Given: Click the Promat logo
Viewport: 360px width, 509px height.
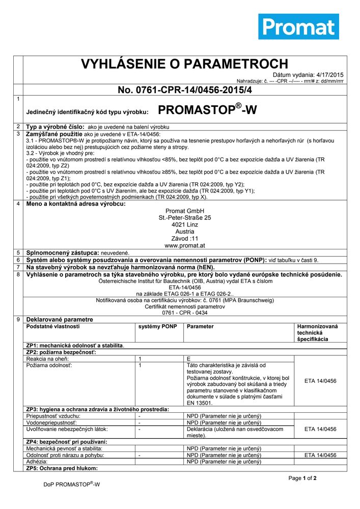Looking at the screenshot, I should pyautogui.click(x=298, y=26).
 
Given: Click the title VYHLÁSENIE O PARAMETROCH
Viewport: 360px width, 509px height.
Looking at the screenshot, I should pyautogui.click(x=185, y=64).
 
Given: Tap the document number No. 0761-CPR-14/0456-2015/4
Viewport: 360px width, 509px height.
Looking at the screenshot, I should pyautogui.click(x=185, y=90).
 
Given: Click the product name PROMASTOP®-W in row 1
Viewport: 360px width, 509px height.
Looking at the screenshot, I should pyautogui.click(x=207, y=110).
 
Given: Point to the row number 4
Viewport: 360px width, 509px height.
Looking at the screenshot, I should pyautogui.click(x=18, y=204).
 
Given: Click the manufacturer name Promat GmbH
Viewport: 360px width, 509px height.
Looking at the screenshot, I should pyautogui.click(x=185, y=211).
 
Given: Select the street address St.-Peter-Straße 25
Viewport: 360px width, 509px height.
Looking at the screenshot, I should pyautogui.click(x=185, y=218).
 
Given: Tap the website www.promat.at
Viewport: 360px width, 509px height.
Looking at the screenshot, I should pyautogui.click(x=185, y=245).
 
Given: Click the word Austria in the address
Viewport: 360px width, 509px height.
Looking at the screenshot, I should pyautogui.click(x=185, y=232).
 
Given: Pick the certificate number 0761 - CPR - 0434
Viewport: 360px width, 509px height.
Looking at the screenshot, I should pyautogui.click(x=185, y=313).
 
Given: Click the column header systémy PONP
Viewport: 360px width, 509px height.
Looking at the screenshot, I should pyautogui.click(x=157, y=326).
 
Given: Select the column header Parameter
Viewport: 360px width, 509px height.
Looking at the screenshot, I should pyautogui.click(x=200, y=326).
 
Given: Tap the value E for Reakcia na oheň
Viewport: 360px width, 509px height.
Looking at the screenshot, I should pyautogui.click(x=189, y=359).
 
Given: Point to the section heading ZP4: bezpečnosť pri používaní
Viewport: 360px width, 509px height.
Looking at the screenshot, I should pyautogui.click(x=66, y=441).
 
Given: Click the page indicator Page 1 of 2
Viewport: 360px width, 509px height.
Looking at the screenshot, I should pyautogui.click(x=302, y=478).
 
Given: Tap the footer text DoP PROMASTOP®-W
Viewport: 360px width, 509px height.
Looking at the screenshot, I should pyautogui.click(x=71, y=485).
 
